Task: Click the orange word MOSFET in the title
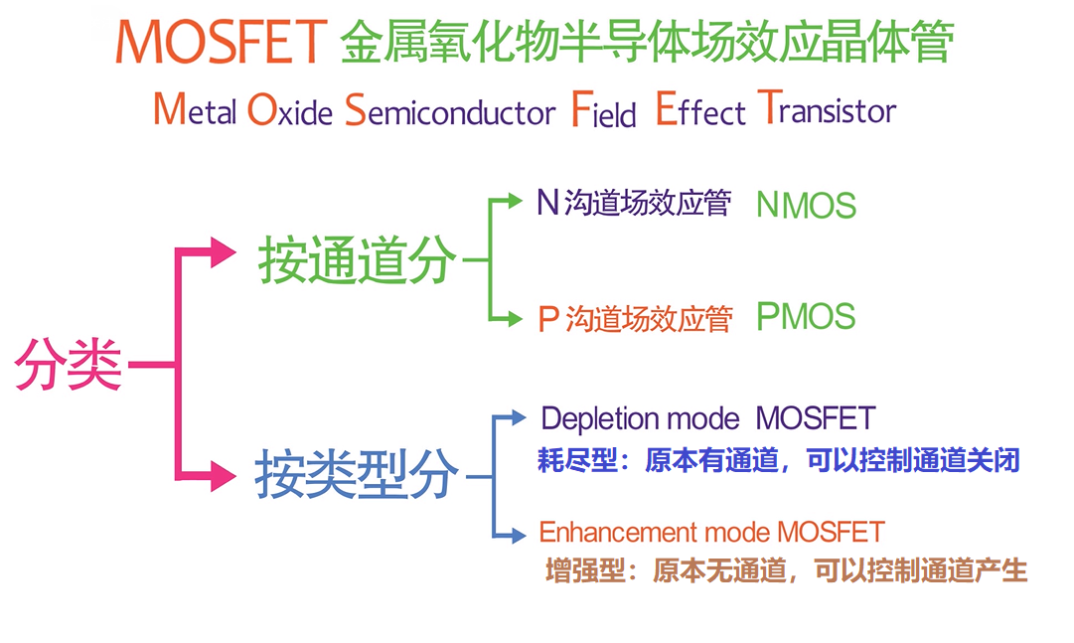coord(222,42)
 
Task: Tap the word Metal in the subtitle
coord(195,109)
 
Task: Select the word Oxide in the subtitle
coord(290,109)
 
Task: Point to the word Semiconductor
coord(450,109)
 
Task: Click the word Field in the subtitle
coord(603,109)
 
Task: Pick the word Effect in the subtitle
coord(700,109)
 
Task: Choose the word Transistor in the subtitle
coord(828,108)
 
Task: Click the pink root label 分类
coord(69,364)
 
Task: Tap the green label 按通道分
coord(357,259)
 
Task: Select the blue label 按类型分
coord(357,474)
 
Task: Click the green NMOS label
coord(806,205)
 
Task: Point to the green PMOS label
coord(806,317)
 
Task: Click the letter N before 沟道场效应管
coord(548,202)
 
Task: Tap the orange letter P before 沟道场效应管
coord(548,319)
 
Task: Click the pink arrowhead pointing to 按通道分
coord(224,252)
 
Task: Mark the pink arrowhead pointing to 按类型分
coord(224,476)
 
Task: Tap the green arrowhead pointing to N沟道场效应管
coord(515,200)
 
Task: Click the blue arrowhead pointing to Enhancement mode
coord(518,535)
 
